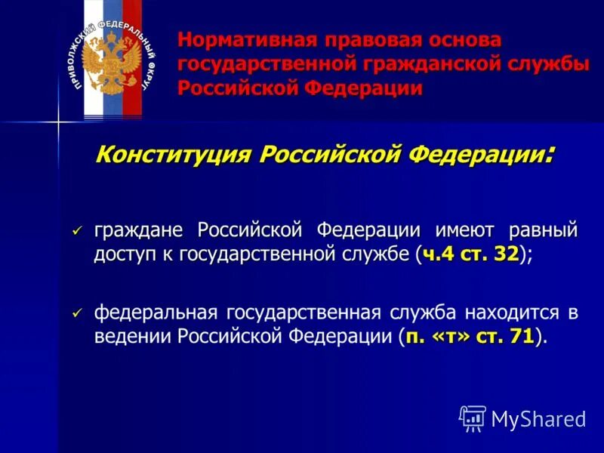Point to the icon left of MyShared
click(473, 418)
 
